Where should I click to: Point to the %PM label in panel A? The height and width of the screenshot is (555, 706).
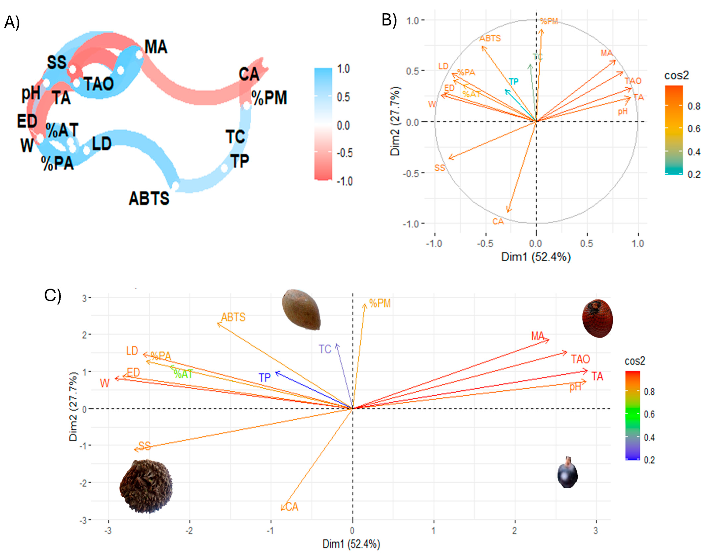269,98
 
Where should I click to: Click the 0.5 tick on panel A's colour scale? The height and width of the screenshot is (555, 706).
343,97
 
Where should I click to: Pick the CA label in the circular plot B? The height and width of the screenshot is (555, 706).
498,222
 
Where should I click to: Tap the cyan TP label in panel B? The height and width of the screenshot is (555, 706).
513,82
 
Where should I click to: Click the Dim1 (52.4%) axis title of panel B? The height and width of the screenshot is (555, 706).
536,257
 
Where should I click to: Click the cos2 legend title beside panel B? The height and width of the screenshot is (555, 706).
676,76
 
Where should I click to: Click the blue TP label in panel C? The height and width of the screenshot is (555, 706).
265,377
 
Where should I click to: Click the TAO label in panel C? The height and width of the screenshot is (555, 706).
580,359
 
